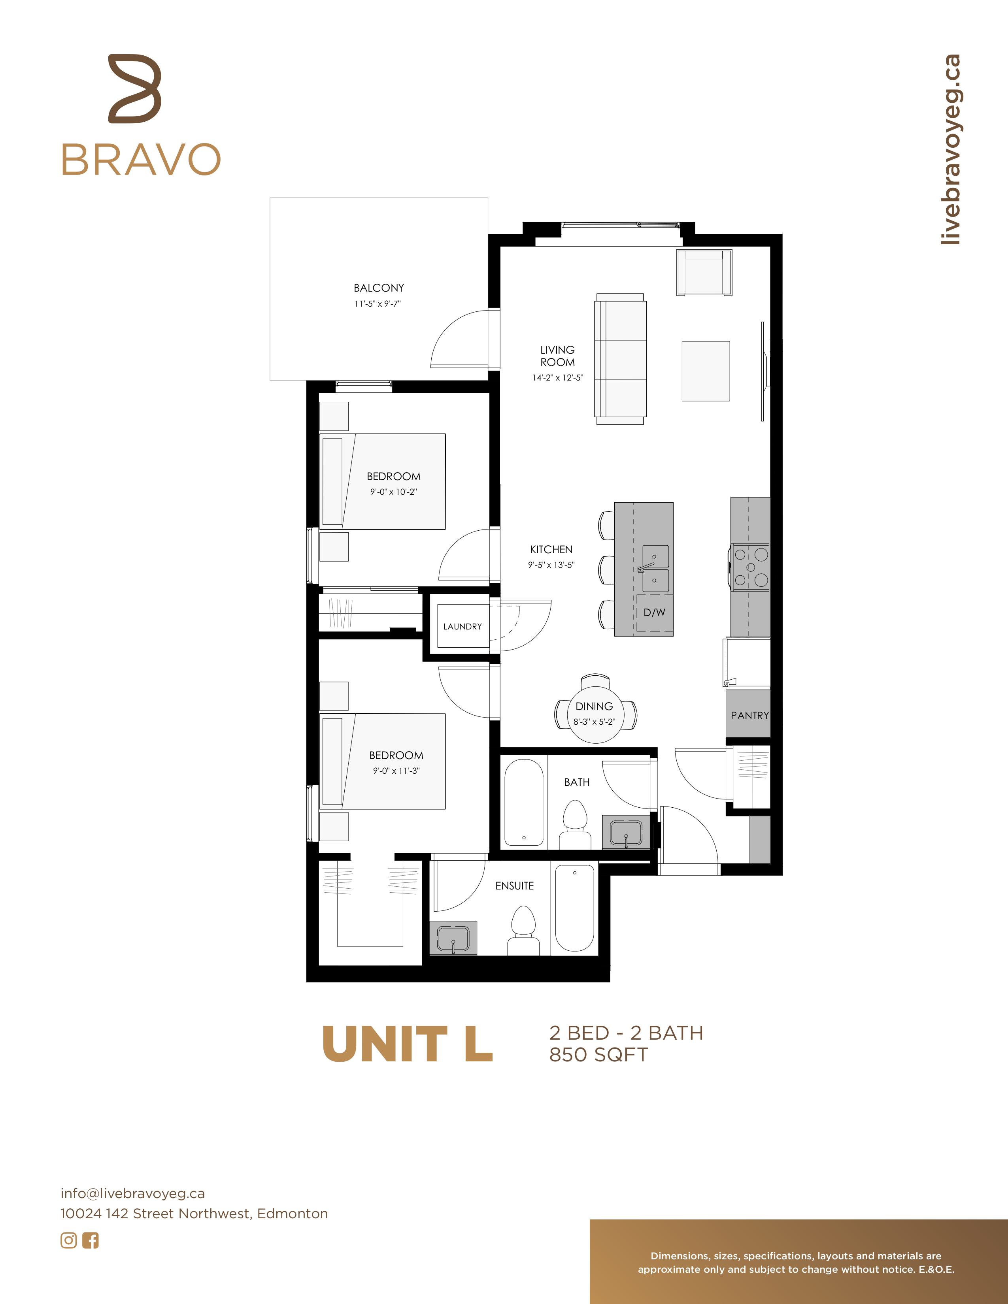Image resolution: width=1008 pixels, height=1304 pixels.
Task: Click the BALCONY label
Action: coord(379,288)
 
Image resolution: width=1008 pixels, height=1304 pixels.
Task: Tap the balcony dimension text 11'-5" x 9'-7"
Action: coord(378,303)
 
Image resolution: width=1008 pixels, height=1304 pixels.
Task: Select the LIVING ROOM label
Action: coord(558,356)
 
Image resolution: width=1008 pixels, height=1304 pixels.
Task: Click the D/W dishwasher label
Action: coord(655,612)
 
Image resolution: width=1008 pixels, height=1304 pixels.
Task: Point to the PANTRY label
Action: coord(749,715)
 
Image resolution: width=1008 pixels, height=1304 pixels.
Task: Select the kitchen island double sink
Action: coord(655,568)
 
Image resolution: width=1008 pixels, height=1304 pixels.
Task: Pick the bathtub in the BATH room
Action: coord(524,803)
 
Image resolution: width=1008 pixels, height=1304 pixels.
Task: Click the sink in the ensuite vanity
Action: coord(454,938)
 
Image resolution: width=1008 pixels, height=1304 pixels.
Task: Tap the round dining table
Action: coord(595,714)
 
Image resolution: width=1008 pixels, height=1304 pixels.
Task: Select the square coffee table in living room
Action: coord(706,371)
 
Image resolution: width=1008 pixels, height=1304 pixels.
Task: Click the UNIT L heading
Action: coord(407,1044)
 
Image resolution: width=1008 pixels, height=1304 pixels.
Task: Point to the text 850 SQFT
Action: coord(598,1055)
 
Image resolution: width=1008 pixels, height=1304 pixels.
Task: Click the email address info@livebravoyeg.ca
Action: coord(132,1193)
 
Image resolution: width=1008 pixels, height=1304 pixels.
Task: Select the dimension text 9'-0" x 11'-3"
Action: coord(396,771)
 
